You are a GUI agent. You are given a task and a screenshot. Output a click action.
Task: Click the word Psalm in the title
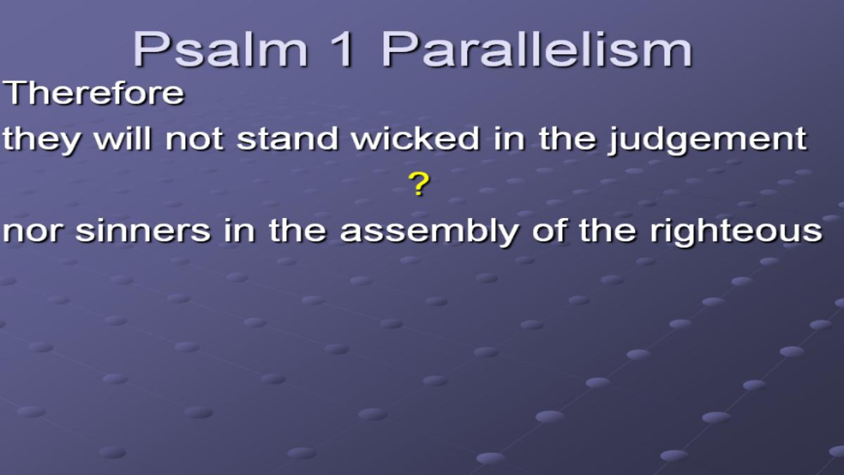[220, 49]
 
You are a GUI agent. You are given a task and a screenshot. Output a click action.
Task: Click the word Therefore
[94, 93]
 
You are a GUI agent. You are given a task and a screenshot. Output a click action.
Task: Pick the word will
[123, 139]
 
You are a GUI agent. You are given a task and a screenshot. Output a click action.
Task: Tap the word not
[194, 139]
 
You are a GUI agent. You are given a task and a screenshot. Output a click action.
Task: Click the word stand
[287, 139]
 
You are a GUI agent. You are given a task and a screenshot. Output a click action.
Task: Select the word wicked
[415, 139]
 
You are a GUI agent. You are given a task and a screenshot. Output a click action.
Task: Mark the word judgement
[708, 140]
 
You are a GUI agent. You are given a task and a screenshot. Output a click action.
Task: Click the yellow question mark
[419, 184]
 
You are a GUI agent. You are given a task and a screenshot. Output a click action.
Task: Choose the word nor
[32, 231]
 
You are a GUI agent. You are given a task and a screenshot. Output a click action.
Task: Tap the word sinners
[142, 230]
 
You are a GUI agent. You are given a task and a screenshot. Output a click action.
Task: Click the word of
[549, 230]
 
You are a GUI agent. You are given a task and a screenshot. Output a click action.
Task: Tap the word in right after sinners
[239, 230]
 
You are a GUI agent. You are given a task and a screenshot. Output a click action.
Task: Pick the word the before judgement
[567, 139]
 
